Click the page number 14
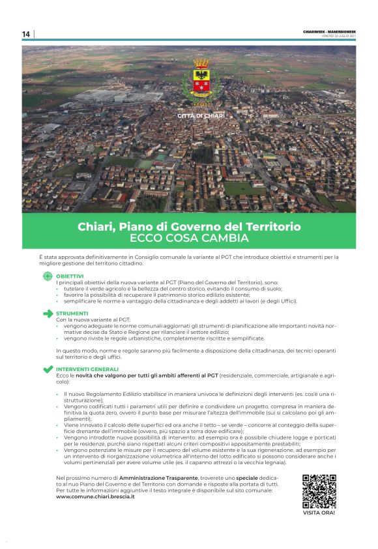click(x=26, y=34)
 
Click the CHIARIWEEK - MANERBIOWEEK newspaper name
click(x=329, y=32)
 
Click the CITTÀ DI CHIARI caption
click(x=201, y=116)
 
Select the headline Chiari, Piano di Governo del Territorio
click(x=189, y=226)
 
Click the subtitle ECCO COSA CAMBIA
click(x=189, y=238)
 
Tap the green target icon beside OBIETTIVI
click(x=48, y=276)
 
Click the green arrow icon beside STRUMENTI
click(x=48, y=314)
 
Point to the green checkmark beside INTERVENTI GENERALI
click(x=48, y=370)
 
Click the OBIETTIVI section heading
click(x=70, y=276)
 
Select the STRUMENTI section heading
click(x=71, y=314)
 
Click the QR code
click(x=319, y=492)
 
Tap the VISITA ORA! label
click(x=319, y=513)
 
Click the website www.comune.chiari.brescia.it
click(x=95, y=497)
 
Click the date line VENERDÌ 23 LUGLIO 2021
click(x=338, y=37)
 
